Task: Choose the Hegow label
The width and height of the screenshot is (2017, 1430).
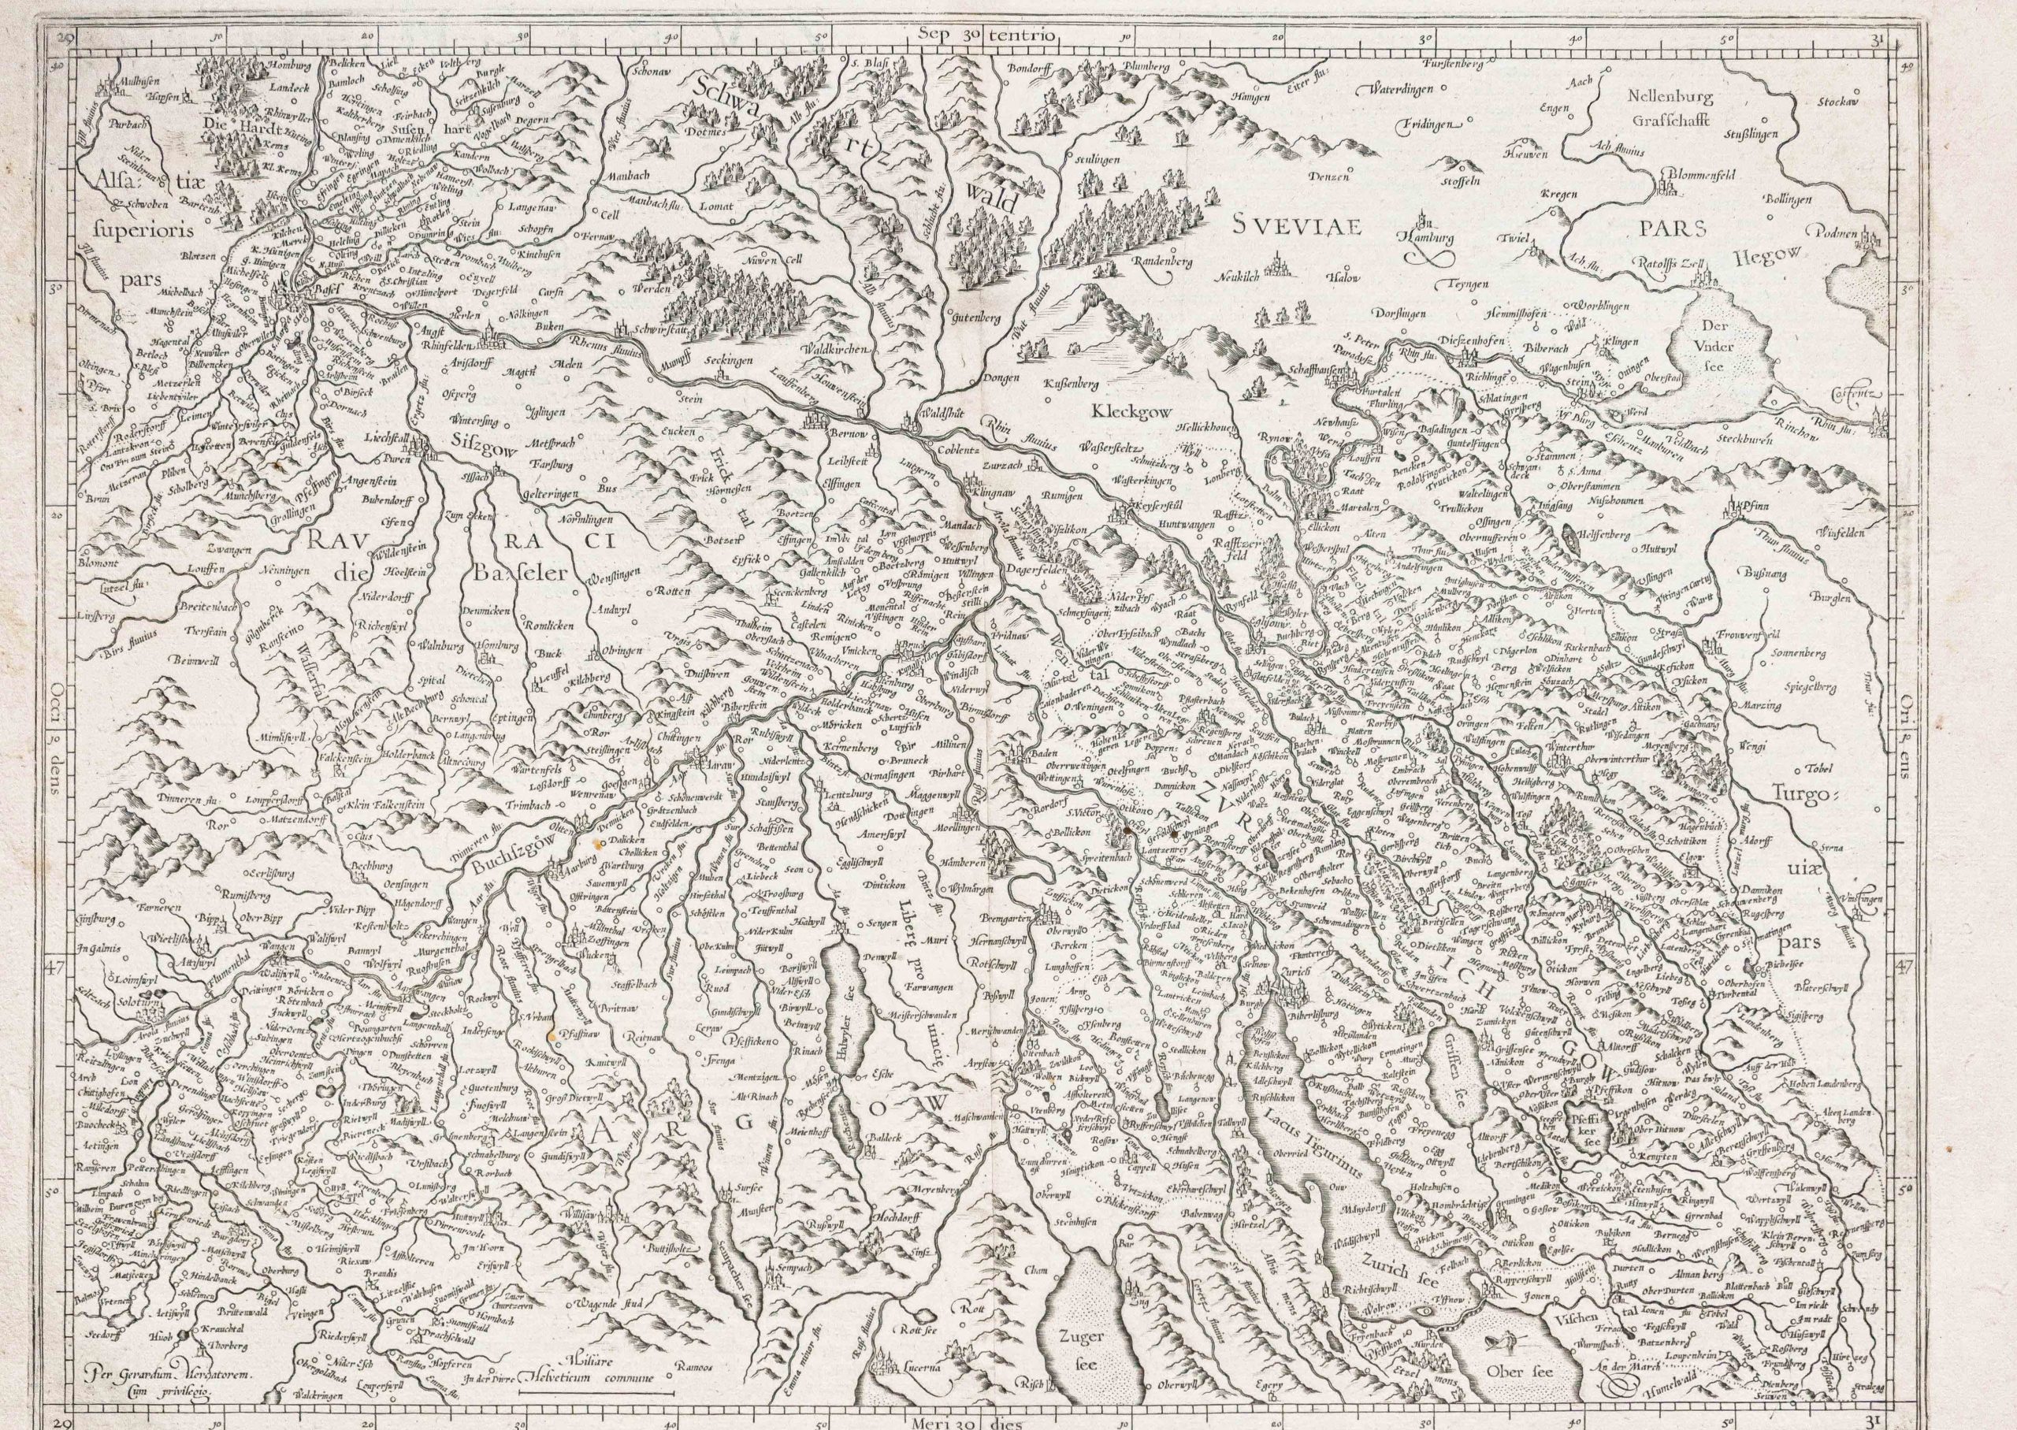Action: pyautogui.click(x=1766, y=257)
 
